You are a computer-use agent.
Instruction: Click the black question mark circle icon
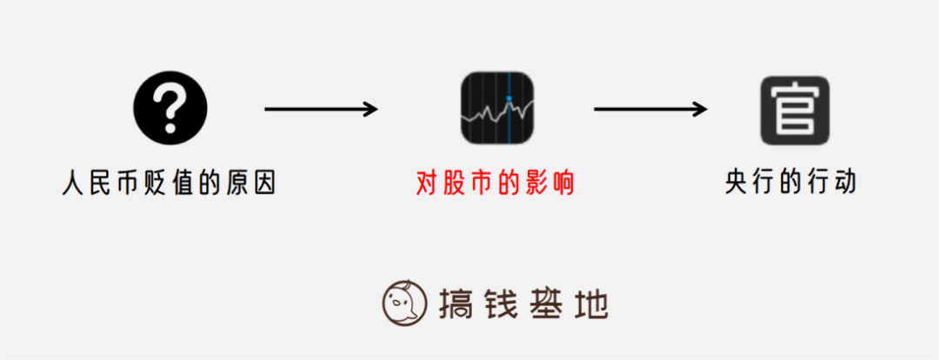(170, 109)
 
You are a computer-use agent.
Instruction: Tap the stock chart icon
(497, 109)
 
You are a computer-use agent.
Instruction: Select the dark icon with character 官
(795, 110)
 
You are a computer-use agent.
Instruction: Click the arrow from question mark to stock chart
(321, 109)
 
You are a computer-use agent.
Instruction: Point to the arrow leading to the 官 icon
(650, 109)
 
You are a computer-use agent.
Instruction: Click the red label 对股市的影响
(496, 183)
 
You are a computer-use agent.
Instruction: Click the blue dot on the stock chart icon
(509, 97)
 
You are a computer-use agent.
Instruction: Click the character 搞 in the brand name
(453, 303)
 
